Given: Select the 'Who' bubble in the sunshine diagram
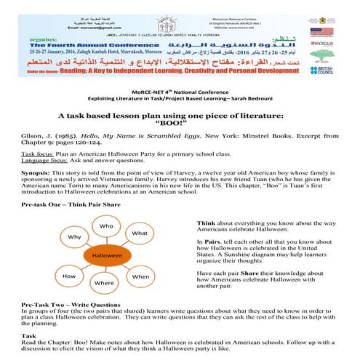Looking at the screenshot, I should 107,226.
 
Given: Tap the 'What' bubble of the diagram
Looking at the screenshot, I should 140,233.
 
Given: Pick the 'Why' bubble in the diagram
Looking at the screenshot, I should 74,237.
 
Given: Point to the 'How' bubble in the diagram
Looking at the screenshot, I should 70,277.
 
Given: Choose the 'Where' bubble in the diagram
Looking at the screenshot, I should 104,282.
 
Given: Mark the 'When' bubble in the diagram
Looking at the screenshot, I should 140,276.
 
